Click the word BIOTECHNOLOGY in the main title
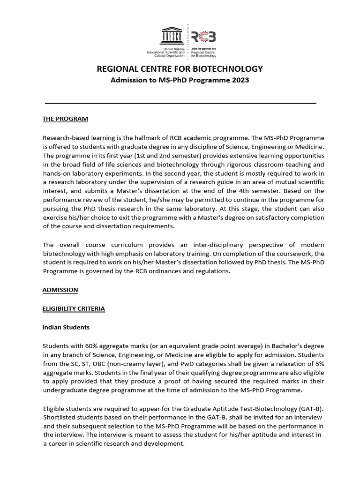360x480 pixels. [227, 69]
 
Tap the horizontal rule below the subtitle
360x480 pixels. [180, 103]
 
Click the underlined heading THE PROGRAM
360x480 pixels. [65, 119]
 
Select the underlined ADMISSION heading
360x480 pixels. [60, 290]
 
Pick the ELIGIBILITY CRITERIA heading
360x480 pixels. [74, 308]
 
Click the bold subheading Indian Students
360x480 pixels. [66, 327]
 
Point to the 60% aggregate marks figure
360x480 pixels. [105, 346]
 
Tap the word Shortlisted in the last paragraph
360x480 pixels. [60, 417]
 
